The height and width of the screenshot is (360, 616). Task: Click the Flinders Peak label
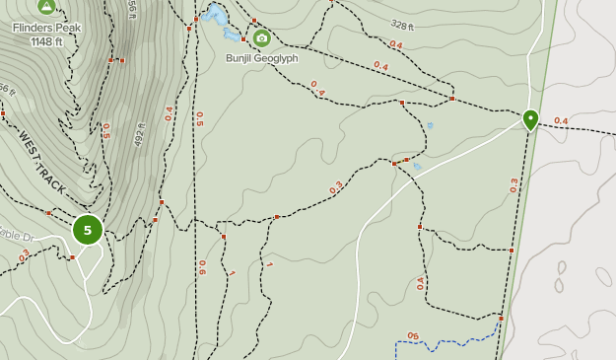click(x=46, y=28)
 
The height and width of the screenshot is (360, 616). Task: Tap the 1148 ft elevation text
click(x=46, y=41)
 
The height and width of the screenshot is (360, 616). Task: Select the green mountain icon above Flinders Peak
click(x=46, y=7)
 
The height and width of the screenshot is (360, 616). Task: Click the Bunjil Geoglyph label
click(x=261, y=58)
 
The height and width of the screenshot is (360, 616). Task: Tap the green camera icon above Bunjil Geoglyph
click(x=261, y=38)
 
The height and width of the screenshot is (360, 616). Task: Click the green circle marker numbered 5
click(x=87, y=230)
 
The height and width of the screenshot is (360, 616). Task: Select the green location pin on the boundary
click(x=530, y=120)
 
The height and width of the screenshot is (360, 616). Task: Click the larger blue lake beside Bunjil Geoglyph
click(x=216, y=16)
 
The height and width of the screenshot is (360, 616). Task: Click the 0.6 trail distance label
click(x=202, y=266)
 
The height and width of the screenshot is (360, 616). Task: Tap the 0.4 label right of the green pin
click(x=561, y=121)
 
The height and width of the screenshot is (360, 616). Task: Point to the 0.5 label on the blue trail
click(x=413, y=336)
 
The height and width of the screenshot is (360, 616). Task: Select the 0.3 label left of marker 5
click(x=24, y=254)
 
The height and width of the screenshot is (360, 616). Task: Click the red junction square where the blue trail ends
click(x=501, y=319)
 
